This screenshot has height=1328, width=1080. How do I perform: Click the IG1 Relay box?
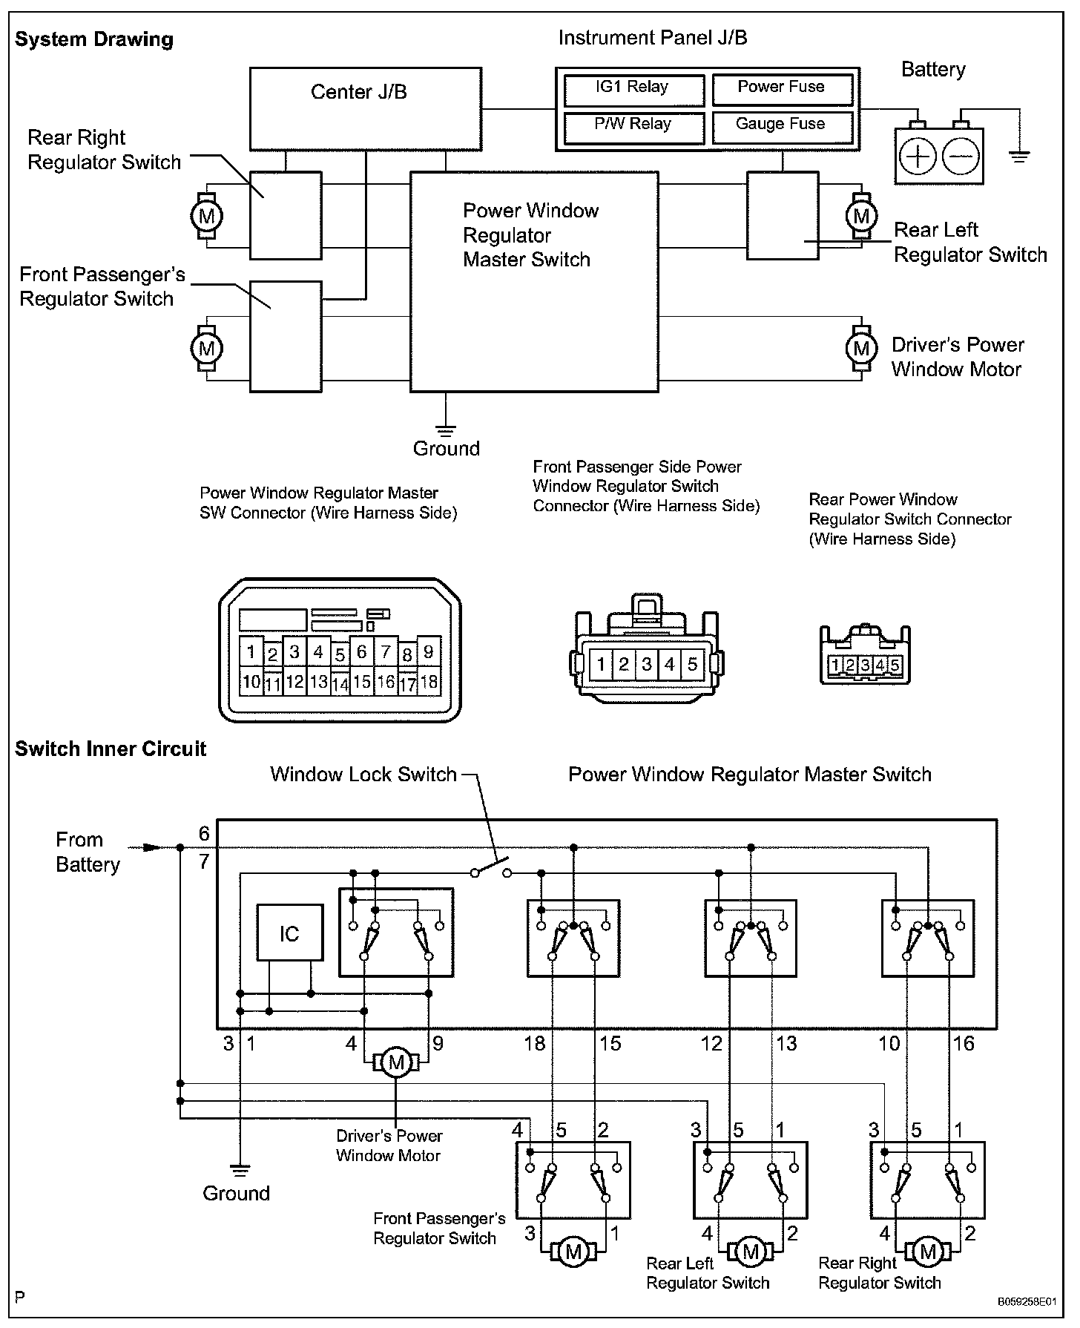[633, 88]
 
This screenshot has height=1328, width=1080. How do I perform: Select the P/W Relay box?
[633, 126]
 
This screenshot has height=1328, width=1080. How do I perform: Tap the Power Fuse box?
[782, 88]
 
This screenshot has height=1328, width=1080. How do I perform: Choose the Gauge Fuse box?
[782, 126]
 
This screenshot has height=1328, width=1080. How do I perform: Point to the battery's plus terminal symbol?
[918, 157]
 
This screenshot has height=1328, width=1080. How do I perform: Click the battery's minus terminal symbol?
[961, 157]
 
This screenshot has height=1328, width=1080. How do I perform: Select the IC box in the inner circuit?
[289, 933]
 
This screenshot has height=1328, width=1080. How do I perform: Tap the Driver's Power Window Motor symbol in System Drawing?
[860, 348]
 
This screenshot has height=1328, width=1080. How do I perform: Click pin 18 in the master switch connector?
[429, 681]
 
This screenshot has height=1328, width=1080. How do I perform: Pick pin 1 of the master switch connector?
[251, 652]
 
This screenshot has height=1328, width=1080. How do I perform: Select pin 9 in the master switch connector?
[429, 652]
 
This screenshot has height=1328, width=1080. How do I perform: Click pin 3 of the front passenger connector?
[647, 664]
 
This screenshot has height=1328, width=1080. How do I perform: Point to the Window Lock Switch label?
[363, 775]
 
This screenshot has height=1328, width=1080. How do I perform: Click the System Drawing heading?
[94, 39]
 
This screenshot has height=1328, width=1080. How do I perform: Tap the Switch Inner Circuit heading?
[111, 749]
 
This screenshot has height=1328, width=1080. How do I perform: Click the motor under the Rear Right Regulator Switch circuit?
[927, 1252]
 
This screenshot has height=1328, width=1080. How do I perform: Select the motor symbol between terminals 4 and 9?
[396, 1062]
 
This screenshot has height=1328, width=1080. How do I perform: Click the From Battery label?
[87, 852]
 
